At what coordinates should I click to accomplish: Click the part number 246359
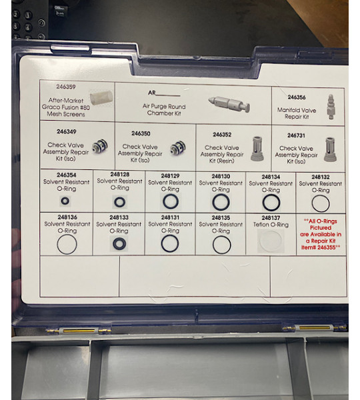point(65,87)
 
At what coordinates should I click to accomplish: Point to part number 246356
point(297,97)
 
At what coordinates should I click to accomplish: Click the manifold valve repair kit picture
point(330,107)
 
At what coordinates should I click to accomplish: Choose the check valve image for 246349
point(99,147)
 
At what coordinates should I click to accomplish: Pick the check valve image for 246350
point(177,148)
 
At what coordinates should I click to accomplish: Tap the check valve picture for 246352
point(257,148)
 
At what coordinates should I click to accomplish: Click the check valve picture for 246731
point(329,149)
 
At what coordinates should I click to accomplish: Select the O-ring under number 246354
point(65,201)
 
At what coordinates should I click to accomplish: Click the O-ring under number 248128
point(119,201)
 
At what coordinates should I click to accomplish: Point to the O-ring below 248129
point(170,201)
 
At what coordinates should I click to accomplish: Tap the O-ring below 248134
point(271,202)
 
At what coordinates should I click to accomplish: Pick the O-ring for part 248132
point(321,203)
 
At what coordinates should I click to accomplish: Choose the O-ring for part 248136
point(67,244)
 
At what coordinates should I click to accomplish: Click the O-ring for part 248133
point(119,244)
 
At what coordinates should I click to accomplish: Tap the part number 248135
point(221,217)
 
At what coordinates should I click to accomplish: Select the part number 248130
point(221,177)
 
